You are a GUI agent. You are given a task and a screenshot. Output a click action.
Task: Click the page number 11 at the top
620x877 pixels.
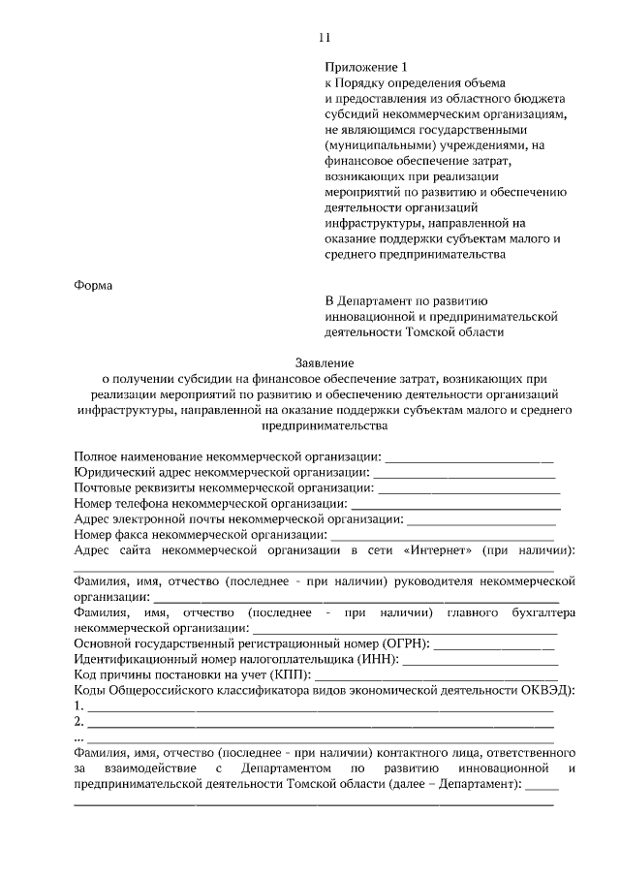(x=325, y=38)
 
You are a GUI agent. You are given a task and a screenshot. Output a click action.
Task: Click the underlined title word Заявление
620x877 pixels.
(x=324, y=360)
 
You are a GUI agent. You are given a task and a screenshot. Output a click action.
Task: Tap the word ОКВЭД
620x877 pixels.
(x=550, y=690)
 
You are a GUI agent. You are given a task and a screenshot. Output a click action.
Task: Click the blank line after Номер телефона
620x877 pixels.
(x=455, y=503)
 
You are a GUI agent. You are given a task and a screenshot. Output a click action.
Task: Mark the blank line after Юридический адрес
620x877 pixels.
(x=464, y=472)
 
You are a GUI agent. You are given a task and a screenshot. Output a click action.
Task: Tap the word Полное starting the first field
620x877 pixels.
(x=97, y=456)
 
